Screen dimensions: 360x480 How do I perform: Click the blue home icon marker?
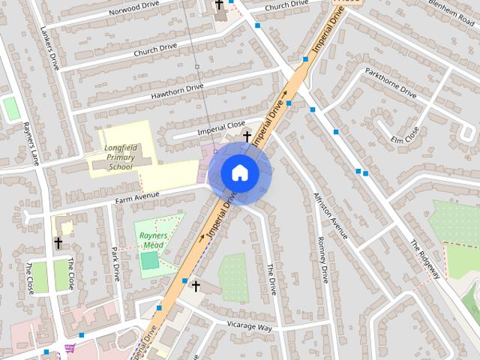click(x=239, y=173)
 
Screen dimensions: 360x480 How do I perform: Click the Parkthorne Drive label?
click(x=390, y=83)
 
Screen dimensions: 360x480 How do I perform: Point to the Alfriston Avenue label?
click(x=331, y=214)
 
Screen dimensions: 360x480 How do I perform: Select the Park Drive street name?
click(x=115, y=262)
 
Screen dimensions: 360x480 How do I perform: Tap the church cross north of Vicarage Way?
click(x=196, y=286)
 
